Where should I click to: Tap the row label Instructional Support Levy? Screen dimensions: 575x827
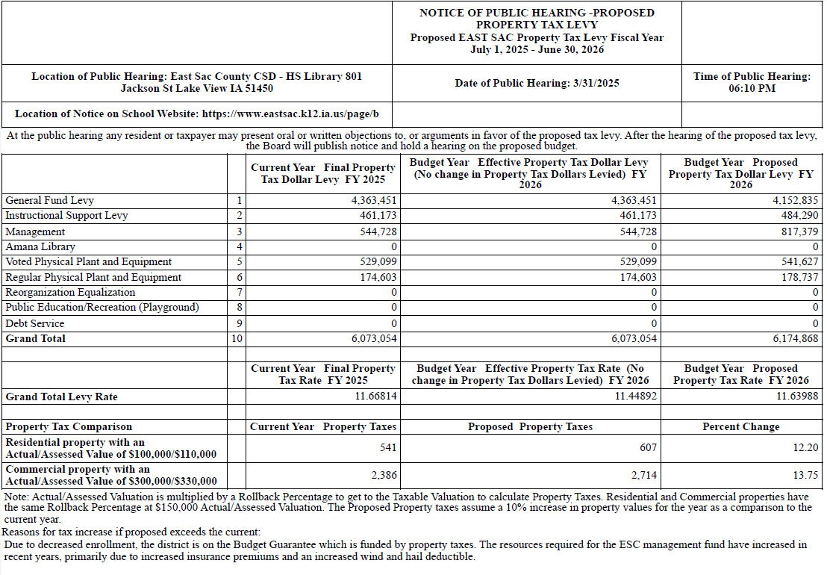(66, 216)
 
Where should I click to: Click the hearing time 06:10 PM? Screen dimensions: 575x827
(752, 88)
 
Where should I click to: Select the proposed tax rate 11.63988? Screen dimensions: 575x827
(797, 397)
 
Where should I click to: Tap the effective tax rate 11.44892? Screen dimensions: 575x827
(636, 397)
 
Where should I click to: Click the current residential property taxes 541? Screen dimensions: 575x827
(388, 447)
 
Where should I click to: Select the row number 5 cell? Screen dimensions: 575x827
(239, 262)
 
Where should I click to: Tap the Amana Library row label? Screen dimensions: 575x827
(40, 246)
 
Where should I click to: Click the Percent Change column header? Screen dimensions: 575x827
(741, 426)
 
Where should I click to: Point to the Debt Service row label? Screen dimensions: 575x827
(34, 323)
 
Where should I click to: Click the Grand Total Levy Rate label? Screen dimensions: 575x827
(61, 397)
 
